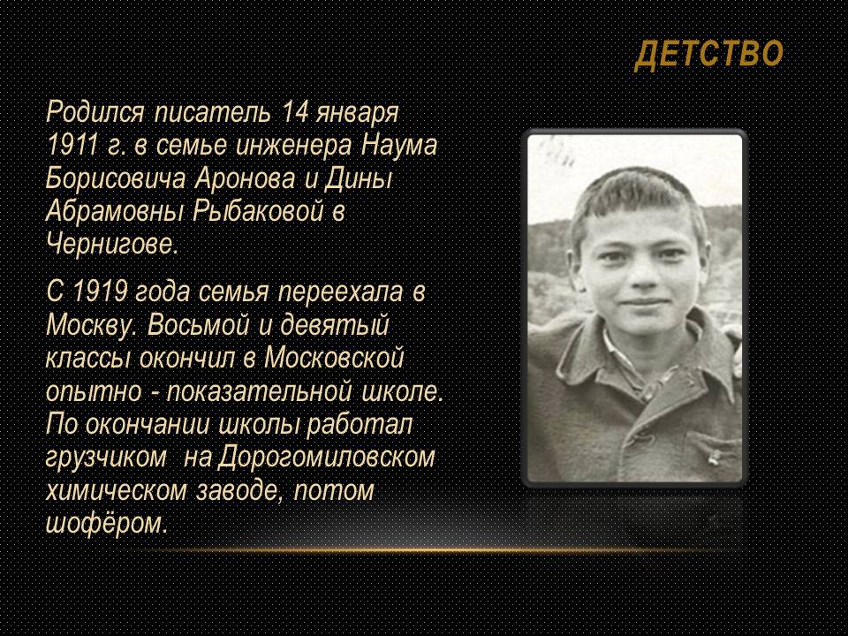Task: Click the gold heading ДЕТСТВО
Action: [709, 55]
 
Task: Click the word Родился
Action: [95, 112]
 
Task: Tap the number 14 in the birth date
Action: [294, 112]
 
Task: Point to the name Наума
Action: [398, 146]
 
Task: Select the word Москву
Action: [91, 326]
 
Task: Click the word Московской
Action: [334, 358]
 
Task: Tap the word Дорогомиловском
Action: [327, 458]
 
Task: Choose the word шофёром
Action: [107, 524]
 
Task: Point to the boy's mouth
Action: [644, 302]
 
